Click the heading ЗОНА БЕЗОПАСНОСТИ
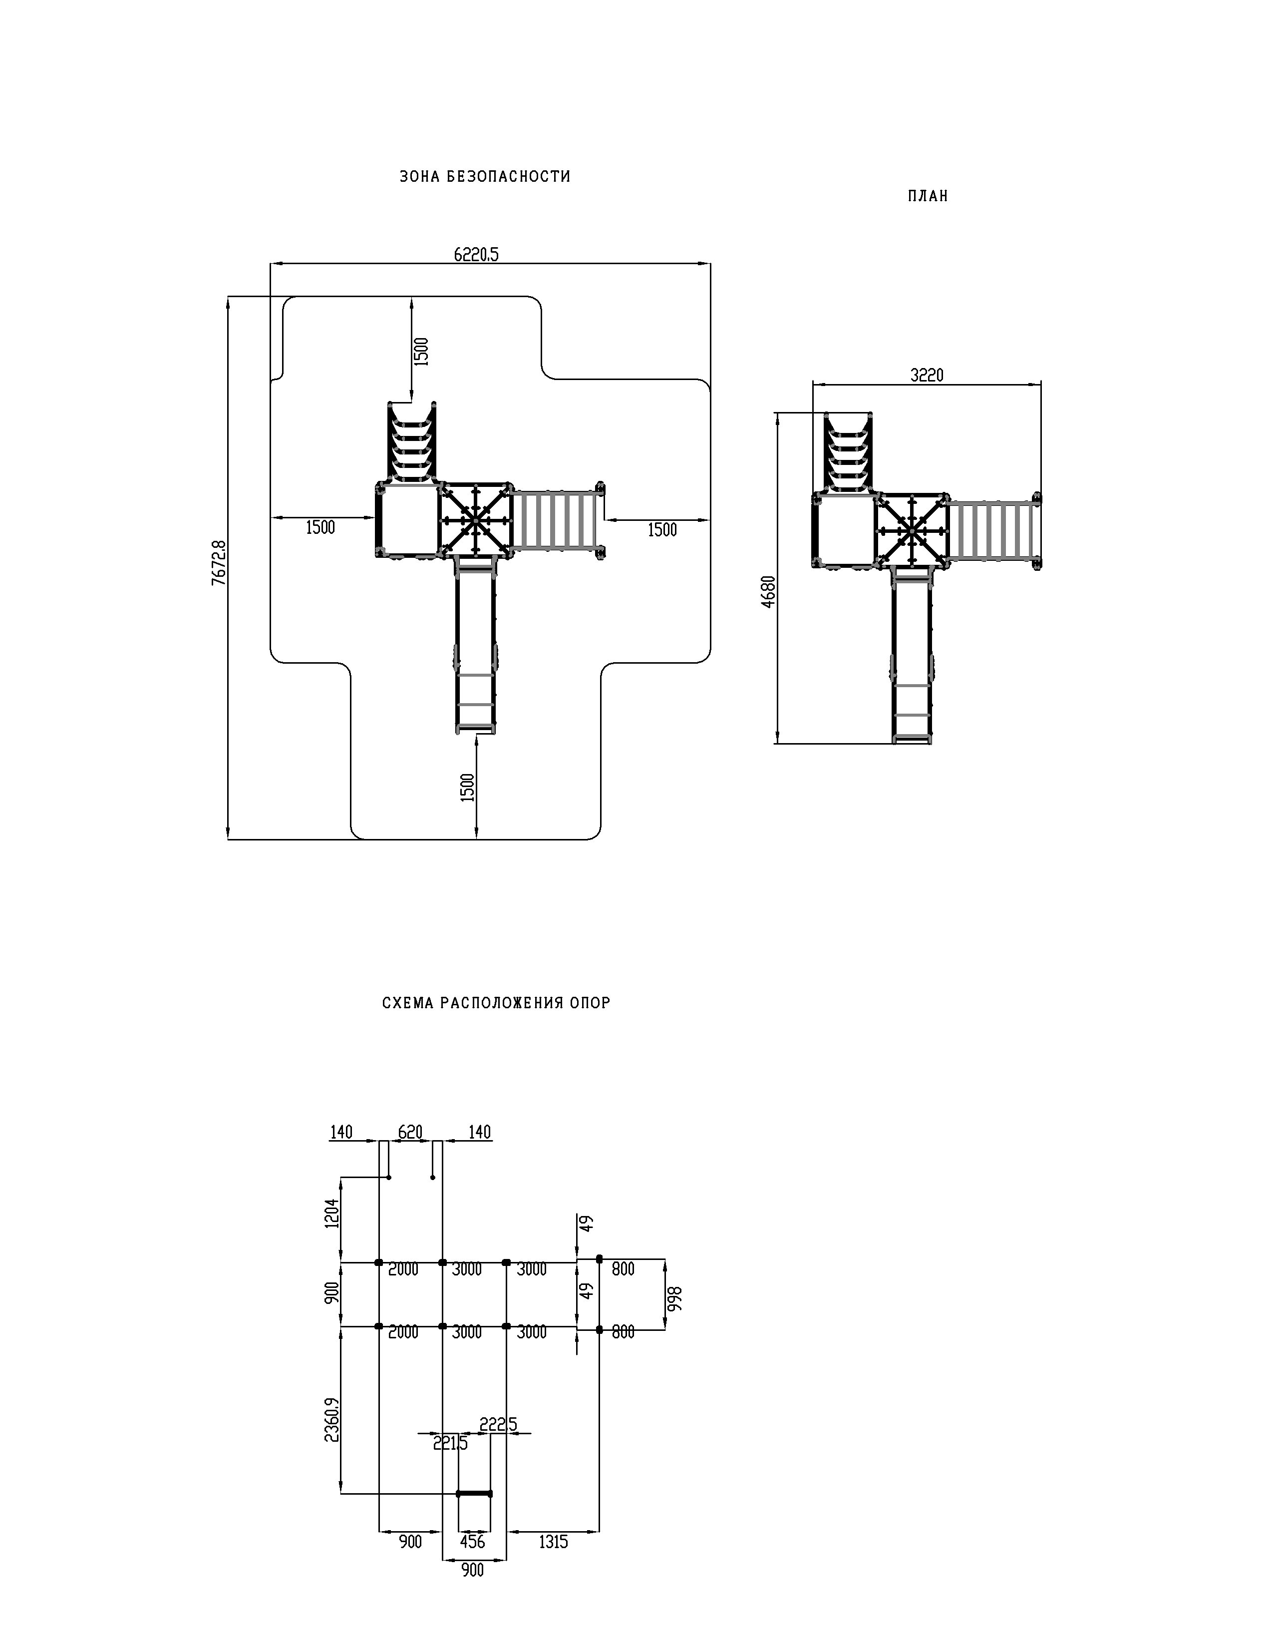click(x=485, y=177)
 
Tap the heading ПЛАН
click(x=928, y=196)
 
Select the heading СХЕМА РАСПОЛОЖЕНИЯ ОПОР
click(x=496, y=1003)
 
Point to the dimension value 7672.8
click(x=219, y=562)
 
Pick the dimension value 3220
click(x=927, y=375)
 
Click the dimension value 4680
click(x=768, y=592)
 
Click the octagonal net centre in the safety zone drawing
click(x=475, y=519)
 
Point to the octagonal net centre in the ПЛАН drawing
click(x=912, y=531)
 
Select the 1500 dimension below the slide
click(x=468, y=787)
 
